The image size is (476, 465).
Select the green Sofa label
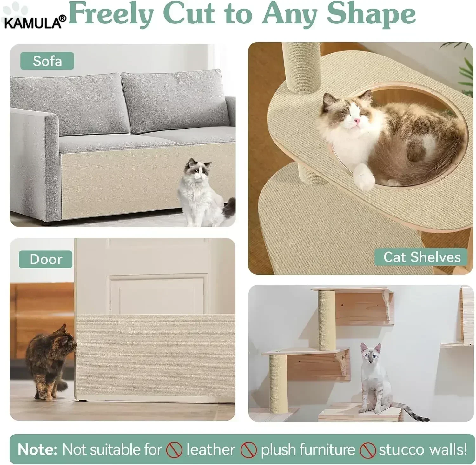47,61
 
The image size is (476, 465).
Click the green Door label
46,259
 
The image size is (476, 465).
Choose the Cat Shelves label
421,257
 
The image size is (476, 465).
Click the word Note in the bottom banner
37,449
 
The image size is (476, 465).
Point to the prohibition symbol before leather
174,450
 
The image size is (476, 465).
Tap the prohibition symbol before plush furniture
248,450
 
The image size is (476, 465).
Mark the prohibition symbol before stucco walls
368,450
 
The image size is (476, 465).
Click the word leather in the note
211,449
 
